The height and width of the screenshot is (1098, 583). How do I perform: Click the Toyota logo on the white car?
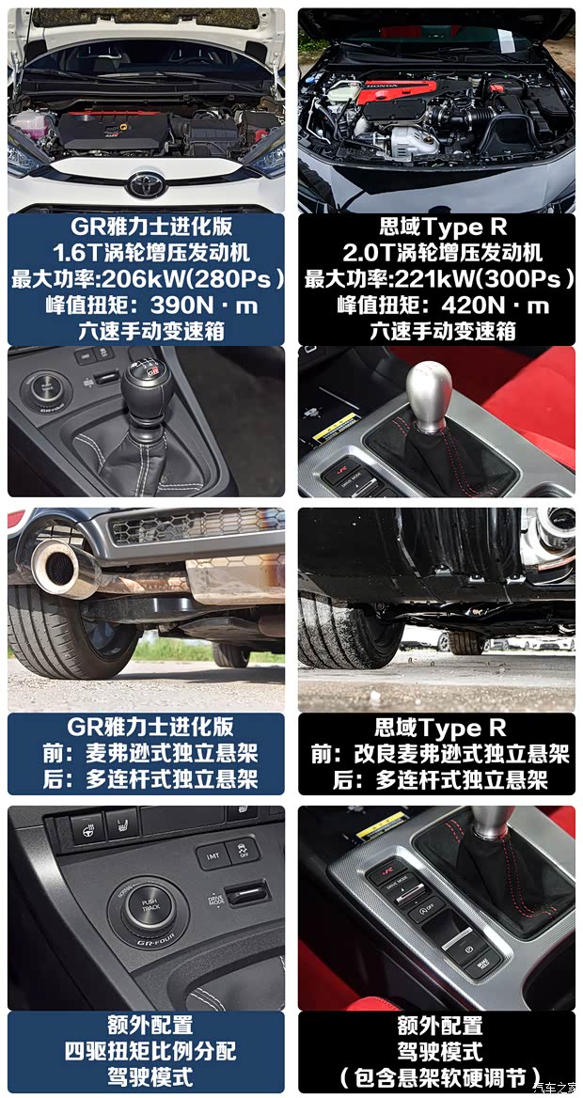click(147, 183)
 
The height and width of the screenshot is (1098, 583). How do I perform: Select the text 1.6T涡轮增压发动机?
click(146, 253)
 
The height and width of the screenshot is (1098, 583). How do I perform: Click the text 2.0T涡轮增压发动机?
click(437, 253)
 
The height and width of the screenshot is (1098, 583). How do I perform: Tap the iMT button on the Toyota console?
click(213, 855)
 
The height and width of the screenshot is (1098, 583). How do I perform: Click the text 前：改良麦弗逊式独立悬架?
click(437, 754)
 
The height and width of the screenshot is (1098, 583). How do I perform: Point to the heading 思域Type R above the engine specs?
click(437, 227)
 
